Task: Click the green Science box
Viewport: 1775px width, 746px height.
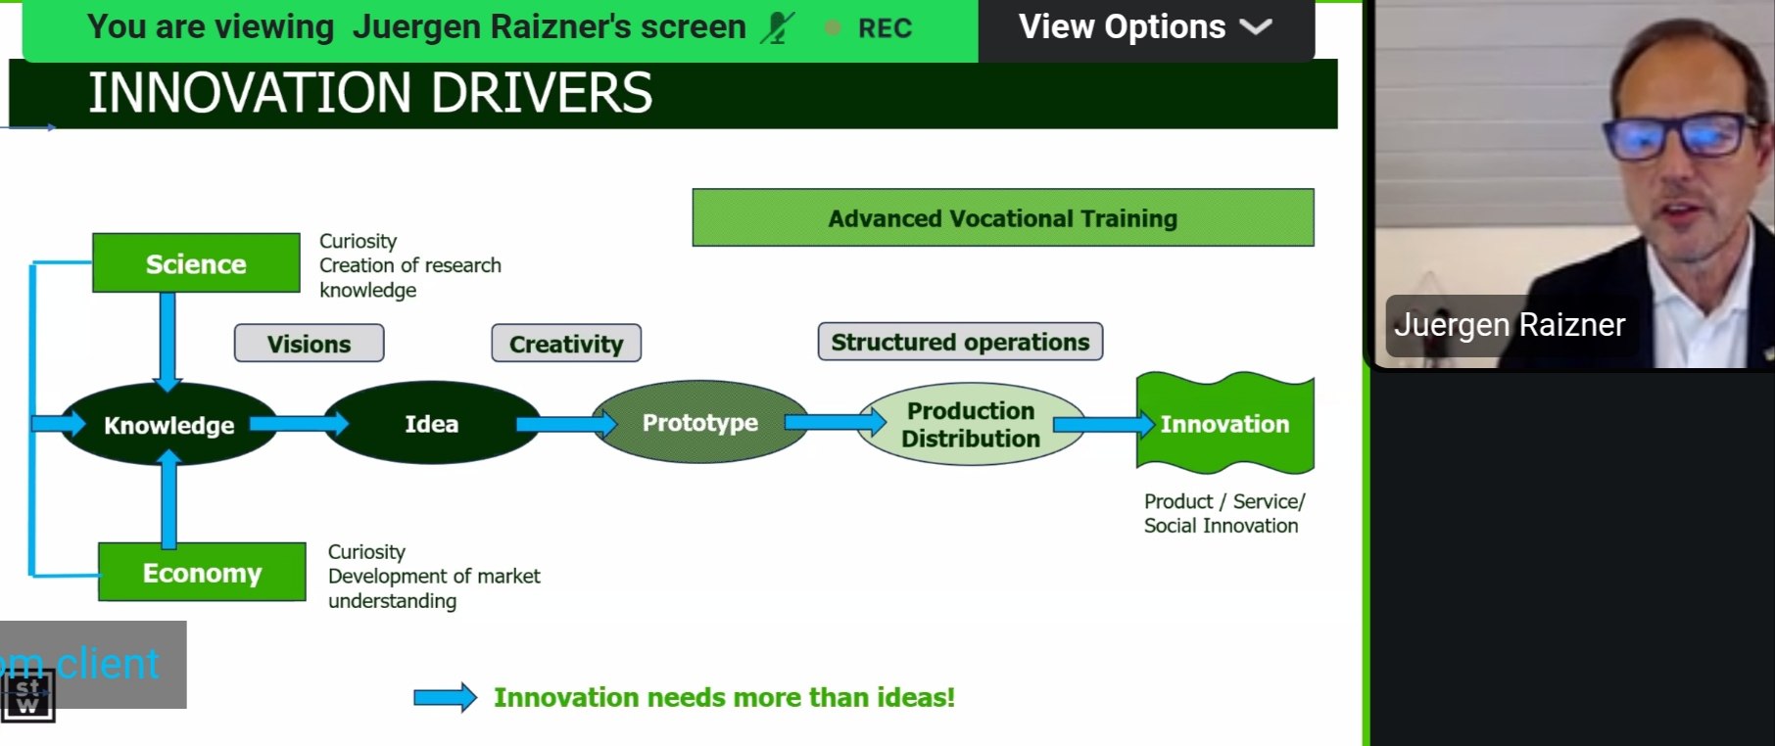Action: (x=196, y=263)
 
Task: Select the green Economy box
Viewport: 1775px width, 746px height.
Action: (x=202, y=572)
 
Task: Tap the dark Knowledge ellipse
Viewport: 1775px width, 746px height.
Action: (x=168, y=425)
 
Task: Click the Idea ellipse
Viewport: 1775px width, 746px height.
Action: (x=431, y=424)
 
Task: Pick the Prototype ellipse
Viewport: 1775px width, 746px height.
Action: (x=699, y=423)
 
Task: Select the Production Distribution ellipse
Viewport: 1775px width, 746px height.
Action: (x=970, y=424)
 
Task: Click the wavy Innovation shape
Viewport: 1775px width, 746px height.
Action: (x=1224, y=424)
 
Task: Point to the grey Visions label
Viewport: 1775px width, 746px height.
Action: (x=309, y=344)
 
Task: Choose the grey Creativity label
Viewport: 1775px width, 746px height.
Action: (x=566, y=344)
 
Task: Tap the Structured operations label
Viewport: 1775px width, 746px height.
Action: (x=960, y=342)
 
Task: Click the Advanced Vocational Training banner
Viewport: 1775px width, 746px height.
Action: (x=1002, y=218)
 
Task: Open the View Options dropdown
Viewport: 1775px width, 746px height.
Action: (x=1144, y=27)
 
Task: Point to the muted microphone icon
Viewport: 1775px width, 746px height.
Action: (x=778, y=28)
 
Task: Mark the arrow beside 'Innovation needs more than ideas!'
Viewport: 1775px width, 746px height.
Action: (x=445, y=698)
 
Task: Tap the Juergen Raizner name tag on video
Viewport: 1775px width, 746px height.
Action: (x=1509, y=324)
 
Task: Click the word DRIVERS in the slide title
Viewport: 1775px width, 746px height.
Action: (x=541, y=94)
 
